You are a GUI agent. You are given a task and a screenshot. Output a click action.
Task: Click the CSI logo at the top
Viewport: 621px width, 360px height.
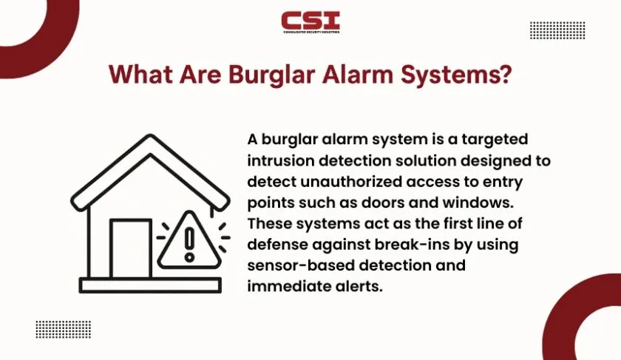pyautogui.click(x=310, y=22)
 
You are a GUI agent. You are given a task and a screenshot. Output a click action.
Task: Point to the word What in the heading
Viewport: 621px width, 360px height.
pyautogui.click(x=141, y=74)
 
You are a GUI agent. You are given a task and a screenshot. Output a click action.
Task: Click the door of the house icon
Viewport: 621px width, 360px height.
pyautogui.click(x=131, y=248)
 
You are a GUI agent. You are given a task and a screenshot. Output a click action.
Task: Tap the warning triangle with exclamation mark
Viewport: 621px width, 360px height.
pyautogui.click(x=189, y=240)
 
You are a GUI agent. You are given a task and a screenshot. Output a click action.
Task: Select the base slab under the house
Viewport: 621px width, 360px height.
pyautogui.click(x=150, y=285)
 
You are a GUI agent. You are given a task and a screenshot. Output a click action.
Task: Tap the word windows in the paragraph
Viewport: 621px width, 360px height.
pyautogui.click(x=478, y=203)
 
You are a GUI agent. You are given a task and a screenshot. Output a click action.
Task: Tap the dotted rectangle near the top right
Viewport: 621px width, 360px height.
pyautogui.click(x=557, y=30)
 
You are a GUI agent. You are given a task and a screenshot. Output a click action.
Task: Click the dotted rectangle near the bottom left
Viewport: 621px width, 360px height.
pyautogui.click(x=64, y=330)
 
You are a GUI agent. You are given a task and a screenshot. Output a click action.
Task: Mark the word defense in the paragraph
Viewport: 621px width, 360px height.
pyautogui.click(x=277, y=245)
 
